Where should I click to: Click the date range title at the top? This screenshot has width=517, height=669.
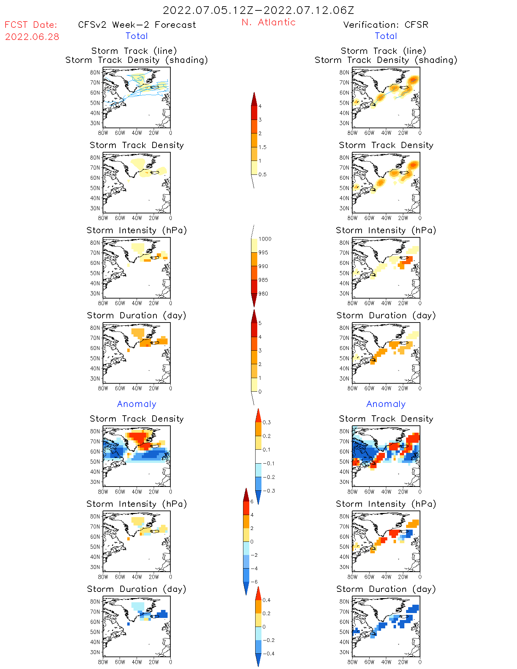coord(258,10)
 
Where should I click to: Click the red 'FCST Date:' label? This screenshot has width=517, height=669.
coord(31,25)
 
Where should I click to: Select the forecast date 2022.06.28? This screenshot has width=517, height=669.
coord(32,36)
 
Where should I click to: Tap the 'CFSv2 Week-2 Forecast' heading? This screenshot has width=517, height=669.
coord(137,25)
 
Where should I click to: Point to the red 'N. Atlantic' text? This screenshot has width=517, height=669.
coord(268,22)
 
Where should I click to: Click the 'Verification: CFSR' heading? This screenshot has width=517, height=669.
coord(386,25)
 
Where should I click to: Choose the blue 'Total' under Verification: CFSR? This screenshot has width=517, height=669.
coord(386,36)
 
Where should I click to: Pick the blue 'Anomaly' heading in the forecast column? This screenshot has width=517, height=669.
coord(137,404)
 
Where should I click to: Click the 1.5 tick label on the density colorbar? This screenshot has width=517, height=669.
coord(262,147)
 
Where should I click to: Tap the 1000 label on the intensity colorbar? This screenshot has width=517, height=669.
coord(265,239)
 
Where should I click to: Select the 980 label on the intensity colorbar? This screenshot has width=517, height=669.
coord(263,294)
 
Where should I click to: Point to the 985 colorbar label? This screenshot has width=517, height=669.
coord(263,280)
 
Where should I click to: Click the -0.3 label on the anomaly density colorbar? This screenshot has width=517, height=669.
coord(268,491)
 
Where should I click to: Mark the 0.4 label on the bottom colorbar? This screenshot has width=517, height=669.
coord(266,600)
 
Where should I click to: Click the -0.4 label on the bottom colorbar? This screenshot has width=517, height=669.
coord(268,653)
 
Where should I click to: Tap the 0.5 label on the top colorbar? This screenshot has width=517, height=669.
coord(262,174)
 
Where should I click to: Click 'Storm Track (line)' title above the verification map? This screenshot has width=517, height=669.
coord(383,51)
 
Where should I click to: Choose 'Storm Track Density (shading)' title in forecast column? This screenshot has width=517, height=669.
coord(137,60)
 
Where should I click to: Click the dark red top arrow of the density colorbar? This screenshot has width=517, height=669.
coord(254,99)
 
